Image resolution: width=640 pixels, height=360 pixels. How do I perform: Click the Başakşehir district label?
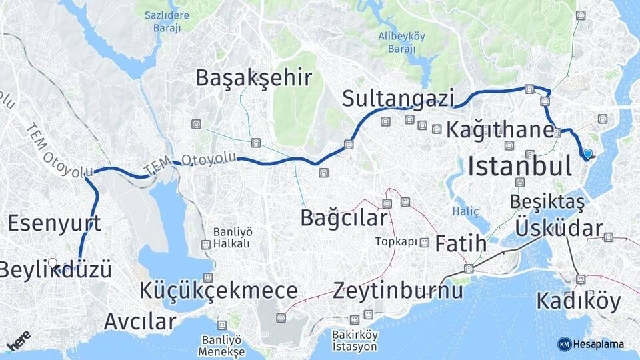point(254,78)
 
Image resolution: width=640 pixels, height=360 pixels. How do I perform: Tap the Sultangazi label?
point(397,98)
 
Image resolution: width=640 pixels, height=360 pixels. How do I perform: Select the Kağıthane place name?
point(500,129)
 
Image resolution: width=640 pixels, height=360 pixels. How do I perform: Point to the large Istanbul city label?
point(519,167)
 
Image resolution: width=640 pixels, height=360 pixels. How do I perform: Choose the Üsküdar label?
point(559,229)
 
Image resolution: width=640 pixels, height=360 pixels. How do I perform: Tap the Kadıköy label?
point(578,301)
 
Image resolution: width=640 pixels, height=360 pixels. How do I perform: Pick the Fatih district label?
point(461,244)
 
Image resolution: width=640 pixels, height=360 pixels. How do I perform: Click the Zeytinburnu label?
point(398,291)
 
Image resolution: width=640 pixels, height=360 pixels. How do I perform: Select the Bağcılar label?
point(343,217)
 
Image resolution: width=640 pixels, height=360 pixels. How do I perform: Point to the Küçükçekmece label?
point(219,291)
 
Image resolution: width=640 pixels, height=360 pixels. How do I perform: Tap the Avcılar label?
point(140,321)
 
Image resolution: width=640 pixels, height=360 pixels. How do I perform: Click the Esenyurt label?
point(55,223)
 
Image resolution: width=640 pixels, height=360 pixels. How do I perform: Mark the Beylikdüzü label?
point(55,270)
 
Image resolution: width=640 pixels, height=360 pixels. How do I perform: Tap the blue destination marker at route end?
point(587,154)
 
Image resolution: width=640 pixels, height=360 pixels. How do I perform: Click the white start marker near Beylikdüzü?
point(52,263)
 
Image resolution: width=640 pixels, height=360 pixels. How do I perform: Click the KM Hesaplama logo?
point(591,344)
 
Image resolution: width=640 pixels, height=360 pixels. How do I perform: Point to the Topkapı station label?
point(395,241)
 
